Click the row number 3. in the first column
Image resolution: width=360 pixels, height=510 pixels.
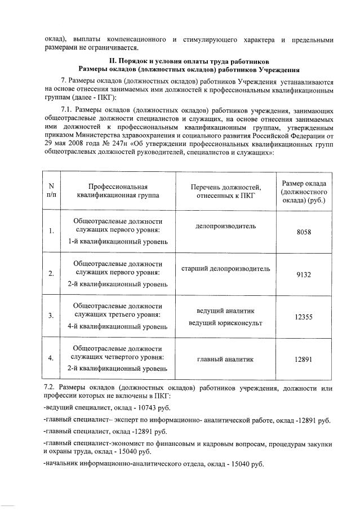point(52,316)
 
